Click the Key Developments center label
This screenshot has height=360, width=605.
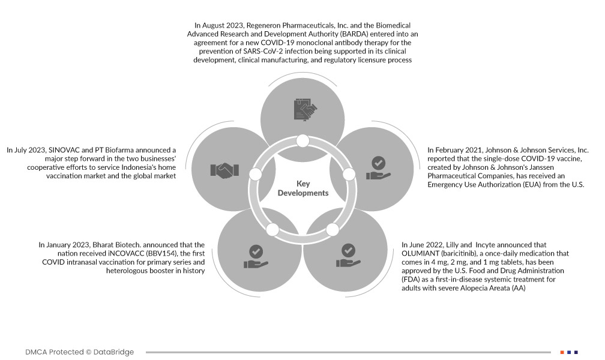click(x=302, y=188)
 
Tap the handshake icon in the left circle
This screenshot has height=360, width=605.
click(x=224, y=170)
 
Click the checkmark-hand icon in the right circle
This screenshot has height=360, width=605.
click(x=378, y=169)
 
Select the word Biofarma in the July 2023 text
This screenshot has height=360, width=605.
click(x=126, y=150)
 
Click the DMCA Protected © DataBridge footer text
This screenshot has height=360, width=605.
click(x=80, y=352)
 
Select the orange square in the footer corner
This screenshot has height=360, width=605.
click(x=562, y=352)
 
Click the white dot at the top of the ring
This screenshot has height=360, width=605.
click(x=302, y=142)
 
